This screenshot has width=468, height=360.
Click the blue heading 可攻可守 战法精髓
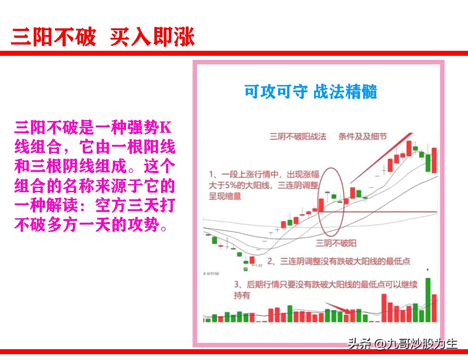click(x=310, y=92)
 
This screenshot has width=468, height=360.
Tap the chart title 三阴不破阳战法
click(x=297, y=136)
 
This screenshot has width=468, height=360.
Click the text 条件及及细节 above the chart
click(x=363, y=136)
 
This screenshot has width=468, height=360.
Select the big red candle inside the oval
click(x=321, y=205)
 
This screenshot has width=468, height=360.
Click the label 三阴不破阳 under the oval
click(x=336, y=243)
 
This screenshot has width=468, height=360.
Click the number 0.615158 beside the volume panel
click(x=211, y=274)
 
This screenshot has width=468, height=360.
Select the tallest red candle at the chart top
click(x=409, y=147)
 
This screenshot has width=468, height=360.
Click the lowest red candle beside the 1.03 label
click(x=252, y=260)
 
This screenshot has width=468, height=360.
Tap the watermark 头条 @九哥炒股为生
click(x=402, y=344)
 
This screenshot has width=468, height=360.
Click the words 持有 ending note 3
click(x=242, y=296)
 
